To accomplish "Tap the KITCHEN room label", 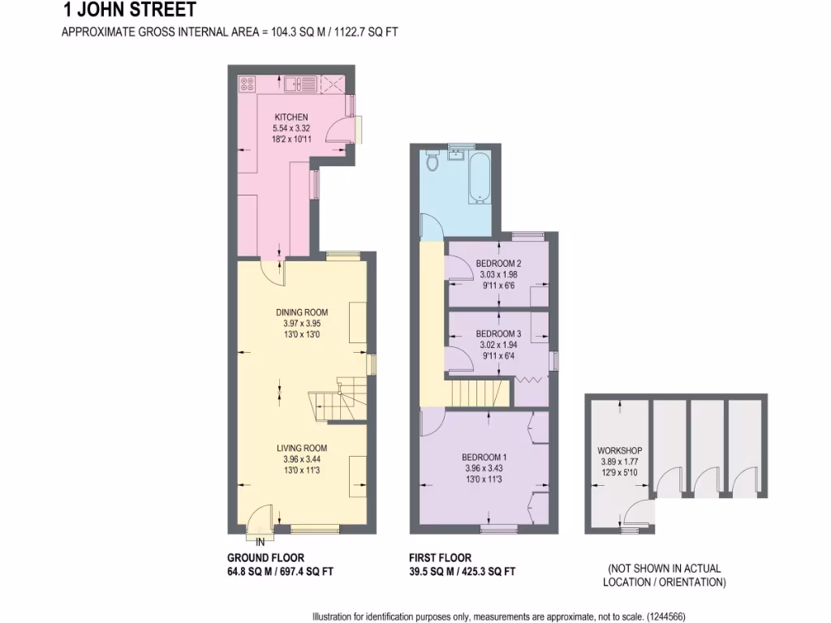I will (291, 118).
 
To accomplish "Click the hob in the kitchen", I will (248, 83).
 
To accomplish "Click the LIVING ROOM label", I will (301, 448).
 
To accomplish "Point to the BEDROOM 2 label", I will (498, 264).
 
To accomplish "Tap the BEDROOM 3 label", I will (498, 333).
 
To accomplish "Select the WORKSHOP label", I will (619, 450).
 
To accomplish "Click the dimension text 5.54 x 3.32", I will (291, 128).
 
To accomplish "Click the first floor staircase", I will (479, 395).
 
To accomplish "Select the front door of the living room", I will (261, 519).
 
